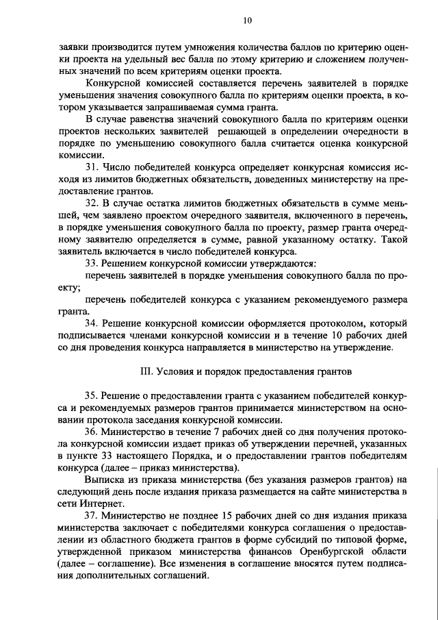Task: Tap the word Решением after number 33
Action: pos(126,263)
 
